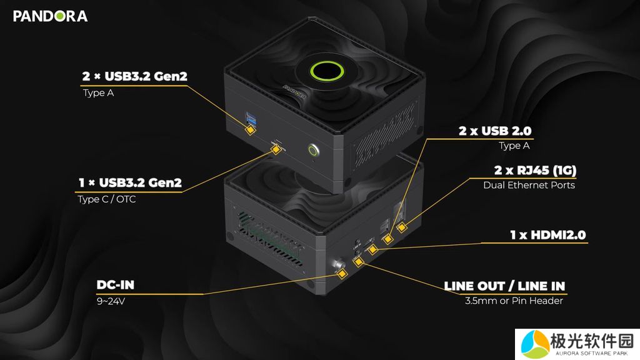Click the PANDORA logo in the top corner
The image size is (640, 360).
point(50,16)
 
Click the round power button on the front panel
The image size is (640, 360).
point(314,150)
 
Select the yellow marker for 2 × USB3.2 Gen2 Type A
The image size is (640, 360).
point(250,129)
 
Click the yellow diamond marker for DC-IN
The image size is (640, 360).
point(342,273)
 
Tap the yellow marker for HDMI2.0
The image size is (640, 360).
point(373,249)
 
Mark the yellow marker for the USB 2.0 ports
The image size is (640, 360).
point(389,238)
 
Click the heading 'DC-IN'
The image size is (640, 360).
point(116,286)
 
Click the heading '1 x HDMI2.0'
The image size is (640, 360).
point(548,235)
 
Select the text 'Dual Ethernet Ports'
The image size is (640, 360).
point(529,185)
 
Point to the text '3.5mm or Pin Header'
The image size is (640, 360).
point(514,301)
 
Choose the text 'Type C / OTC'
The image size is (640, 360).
point(106,199)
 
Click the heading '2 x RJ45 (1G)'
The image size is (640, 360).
point(534,170)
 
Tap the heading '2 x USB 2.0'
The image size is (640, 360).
point(495,131)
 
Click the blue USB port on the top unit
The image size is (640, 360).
point(252,116)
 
